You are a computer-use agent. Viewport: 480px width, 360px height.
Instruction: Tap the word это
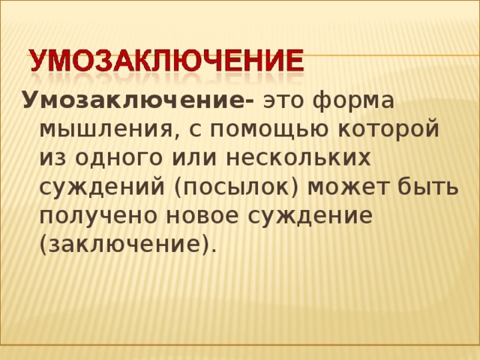(286, 100)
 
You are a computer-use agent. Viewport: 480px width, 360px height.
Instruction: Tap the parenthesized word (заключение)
(127, 244)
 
